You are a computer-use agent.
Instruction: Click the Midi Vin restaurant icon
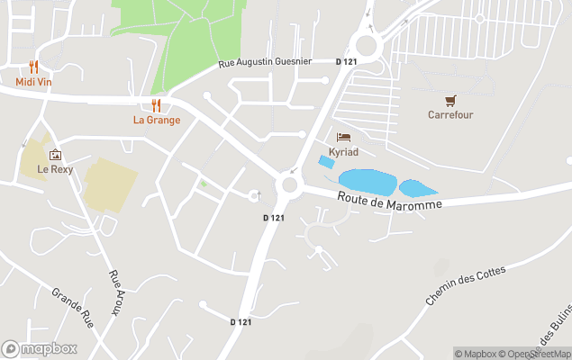pos(33,67)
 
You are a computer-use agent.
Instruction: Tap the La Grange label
pos(157,120)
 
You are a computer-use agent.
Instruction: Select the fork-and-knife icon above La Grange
pos(157,105)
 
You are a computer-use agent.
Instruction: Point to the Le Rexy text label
pos(55,169)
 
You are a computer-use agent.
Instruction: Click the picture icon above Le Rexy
pos(55,155)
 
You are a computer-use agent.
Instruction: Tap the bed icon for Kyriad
pos(343,138)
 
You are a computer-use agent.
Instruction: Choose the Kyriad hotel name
pos(343,151)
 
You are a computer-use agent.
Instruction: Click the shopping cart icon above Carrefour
pos(450,100)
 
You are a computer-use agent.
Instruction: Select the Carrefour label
pos(450,114)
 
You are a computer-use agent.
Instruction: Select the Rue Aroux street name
pos(115,290)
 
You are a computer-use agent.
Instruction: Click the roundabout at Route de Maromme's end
pos(289,184)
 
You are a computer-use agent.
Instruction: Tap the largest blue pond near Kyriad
pos(366,182)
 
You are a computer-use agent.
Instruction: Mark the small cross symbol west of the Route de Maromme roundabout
pos(259,193)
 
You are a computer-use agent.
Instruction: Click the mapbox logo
pos(39,348)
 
